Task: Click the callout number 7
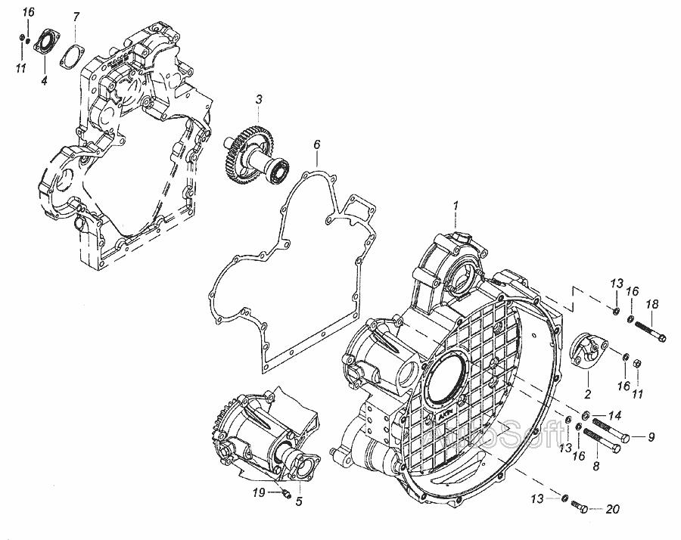tap(76, 17)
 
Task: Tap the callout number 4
tap(44, 80)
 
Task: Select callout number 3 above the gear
tap(259, 99)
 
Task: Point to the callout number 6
tap(317, 144)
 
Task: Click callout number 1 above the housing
tap(456, 205)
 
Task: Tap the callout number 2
tap(586, 394)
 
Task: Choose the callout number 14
tap(614, 414)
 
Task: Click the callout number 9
tap(650, 436)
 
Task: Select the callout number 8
tap(595, 467)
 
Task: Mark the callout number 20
tap(612, 509)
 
